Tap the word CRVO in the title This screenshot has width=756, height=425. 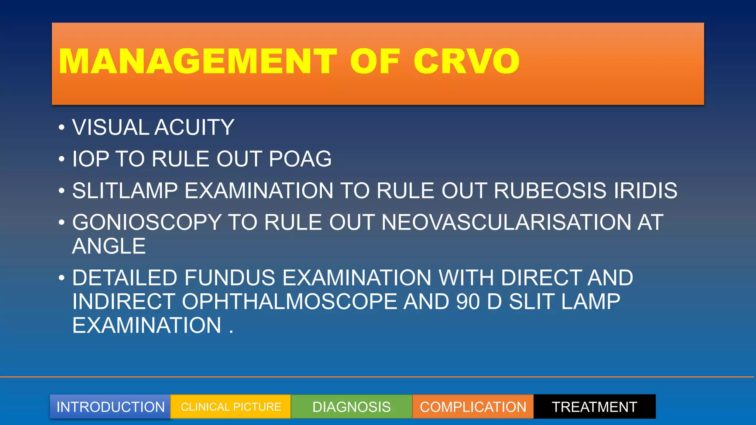coord(466,61)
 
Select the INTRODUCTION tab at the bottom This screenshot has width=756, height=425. coord(110,407)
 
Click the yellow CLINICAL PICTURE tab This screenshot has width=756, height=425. coord(231,407)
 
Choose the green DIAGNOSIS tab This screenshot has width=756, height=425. coord(351,407)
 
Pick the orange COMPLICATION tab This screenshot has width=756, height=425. coord(473,407)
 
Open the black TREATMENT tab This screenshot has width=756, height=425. coord(594,407)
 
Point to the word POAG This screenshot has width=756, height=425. coord(300,159)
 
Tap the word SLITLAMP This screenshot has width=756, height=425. coord(125,191)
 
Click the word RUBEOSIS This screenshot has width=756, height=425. coord(549,191)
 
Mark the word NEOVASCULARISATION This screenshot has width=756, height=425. coord(506,222)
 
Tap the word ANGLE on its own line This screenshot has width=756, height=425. coord(109,246)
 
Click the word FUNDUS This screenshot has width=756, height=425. coord(230,278)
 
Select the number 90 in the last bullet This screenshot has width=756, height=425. coord(468,302)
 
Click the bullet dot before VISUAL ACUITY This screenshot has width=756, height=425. coord(62,128)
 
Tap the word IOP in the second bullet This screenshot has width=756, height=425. coord(90,159)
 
